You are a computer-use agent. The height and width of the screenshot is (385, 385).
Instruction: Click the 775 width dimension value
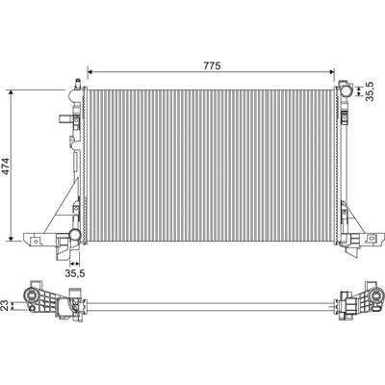pos(212,65)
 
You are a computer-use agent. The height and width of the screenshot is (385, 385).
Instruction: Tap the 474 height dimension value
pos(6,167)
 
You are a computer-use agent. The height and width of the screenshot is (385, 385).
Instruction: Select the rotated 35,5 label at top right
pos(370,91)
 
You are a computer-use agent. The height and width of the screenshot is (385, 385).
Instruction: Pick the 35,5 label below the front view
pos(75,273)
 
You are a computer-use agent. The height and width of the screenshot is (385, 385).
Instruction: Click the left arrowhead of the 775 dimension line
pos(90,72)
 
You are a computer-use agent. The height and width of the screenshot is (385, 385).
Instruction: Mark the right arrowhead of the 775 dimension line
pos(332,72)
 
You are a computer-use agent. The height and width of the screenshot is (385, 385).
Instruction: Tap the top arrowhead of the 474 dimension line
pos(12,92)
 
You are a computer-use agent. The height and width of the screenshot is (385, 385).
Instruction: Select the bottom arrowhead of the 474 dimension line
pos(12,238)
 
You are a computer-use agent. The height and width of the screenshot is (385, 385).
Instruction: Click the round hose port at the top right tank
pos(346,90)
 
